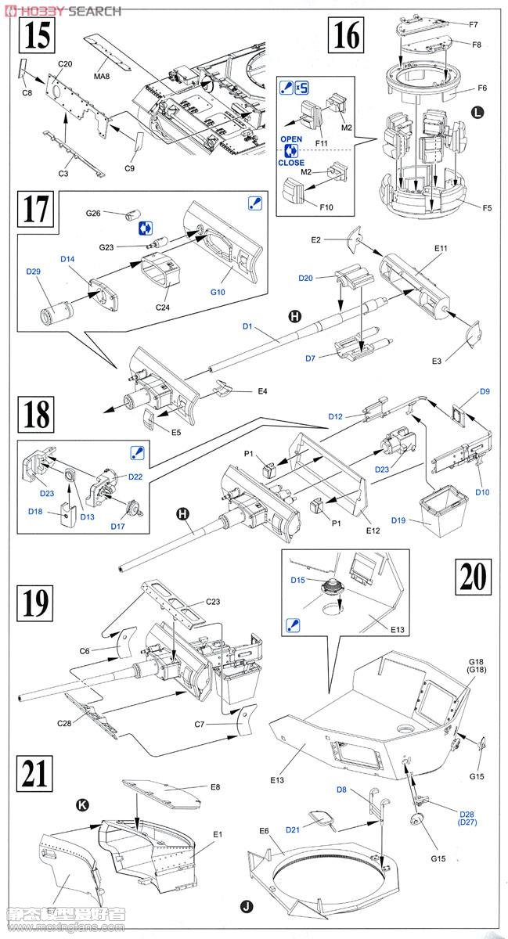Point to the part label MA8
point(103,76)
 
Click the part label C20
point(65,63)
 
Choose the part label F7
point(474,25)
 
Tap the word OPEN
point(291,139)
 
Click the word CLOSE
point(291,163)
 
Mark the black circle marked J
point(247,908)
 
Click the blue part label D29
point(33,272)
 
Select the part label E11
point(439,249)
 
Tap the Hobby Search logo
point(62,10)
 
